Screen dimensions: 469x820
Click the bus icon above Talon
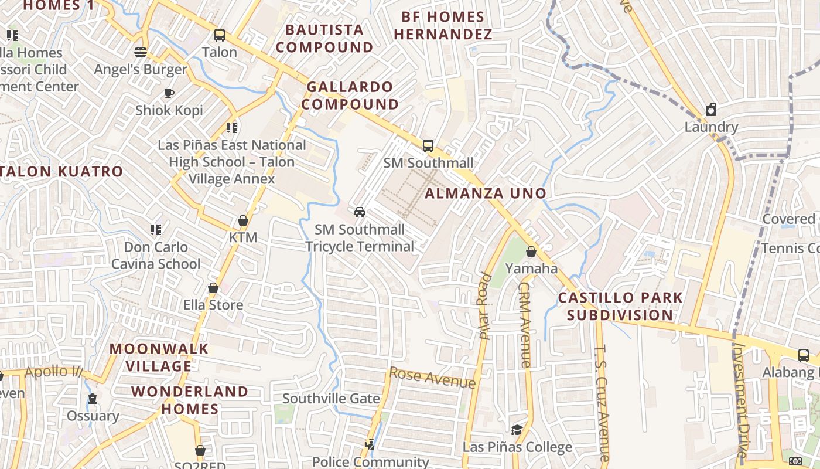tap(220, 35)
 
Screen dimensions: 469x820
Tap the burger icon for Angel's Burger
tap(140, 52)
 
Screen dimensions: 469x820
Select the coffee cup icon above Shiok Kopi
tap(169, 93)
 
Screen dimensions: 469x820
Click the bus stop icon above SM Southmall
tap(428, 146)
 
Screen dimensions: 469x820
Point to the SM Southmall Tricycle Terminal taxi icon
tap(360, 212)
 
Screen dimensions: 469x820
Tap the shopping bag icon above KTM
tap(243, 221)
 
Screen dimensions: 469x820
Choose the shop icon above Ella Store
tap(213, 288)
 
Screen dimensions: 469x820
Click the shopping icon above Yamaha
tap(531, 252)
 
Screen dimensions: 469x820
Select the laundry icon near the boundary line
tap(711, 110)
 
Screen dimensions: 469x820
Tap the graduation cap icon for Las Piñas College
tap(517, 430)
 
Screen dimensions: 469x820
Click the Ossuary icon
tap(93, 399)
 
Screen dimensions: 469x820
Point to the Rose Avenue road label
tap(432, 378)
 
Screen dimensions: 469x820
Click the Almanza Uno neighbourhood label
tap(486, 193)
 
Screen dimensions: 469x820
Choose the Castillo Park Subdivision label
tap(620, 306)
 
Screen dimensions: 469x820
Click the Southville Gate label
tap(331, 399)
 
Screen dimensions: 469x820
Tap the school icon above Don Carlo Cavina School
tap(156, 229)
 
